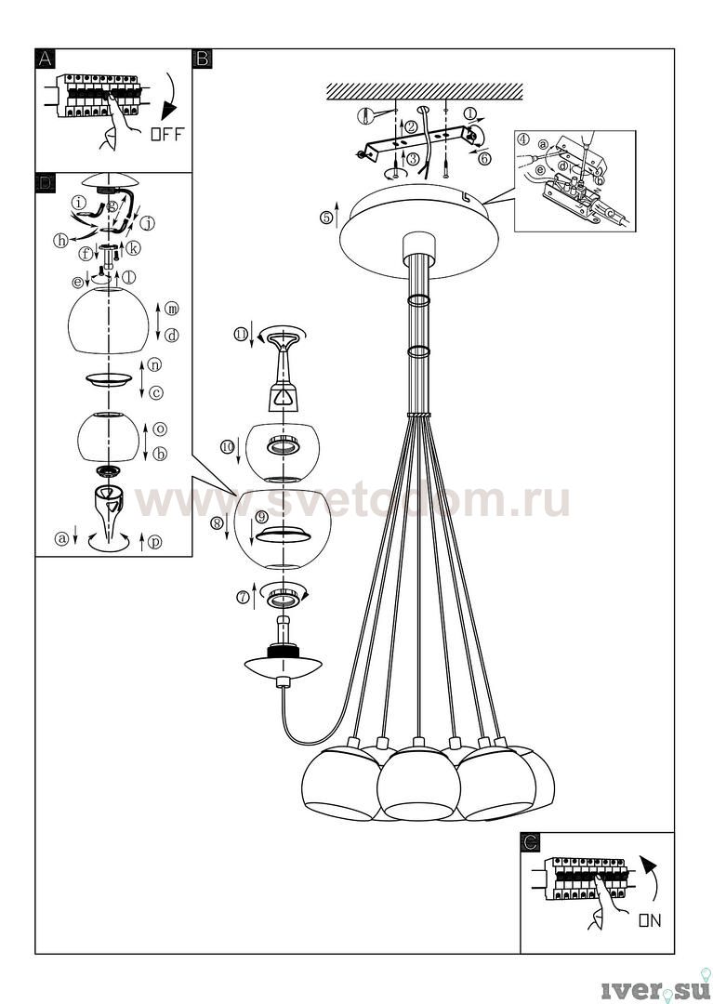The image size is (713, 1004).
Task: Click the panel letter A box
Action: (x=45, y=59)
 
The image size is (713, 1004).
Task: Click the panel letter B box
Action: (x=203, y=59)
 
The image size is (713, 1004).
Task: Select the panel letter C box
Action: (x=530, y=842)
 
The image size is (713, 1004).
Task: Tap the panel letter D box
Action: (x=45, y=182)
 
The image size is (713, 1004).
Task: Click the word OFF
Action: (x=167, y=134)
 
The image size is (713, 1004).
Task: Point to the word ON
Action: (x=650, y=920)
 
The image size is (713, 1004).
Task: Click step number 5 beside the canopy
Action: (x=326, y=218)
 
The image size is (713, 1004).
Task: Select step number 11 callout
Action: (x=241, y=335)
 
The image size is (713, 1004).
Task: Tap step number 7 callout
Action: (x=243, y=598)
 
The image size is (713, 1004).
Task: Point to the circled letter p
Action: (x=154, y=542)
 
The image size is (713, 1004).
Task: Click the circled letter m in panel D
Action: (x=172, y=309)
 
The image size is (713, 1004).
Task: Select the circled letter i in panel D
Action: (x=79, y=203)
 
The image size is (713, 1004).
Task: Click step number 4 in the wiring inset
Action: (x=523, y=139)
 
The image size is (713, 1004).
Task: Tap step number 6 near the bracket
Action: (x=484, y=158)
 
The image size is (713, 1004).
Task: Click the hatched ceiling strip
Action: (x=424, y=91)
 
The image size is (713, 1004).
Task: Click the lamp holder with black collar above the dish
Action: (x=283, y=641)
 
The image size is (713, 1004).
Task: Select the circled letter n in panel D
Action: (x=154, y=365)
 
